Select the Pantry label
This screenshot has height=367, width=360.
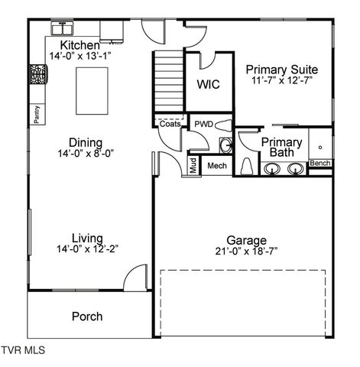click(x=36, y=113)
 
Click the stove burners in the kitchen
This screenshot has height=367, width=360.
click(x=37, y=75)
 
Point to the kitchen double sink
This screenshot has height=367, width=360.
click(x=63, y=29)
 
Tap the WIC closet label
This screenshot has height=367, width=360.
click(x=208, y=84)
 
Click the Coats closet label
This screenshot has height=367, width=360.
click(x=170, y=123)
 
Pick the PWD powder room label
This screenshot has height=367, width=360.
click(x=203, y=124)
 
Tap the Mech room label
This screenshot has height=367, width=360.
click(x=217, y=166)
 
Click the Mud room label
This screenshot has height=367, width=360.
click(x=193, y=166)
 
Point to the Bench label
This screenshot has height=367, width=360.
click(x=319, y=164)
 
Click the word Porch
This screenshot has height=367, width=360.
click(x=87, y=317)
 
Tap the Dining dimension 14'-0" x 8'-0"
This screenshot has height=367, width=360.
click(x=86, y=154)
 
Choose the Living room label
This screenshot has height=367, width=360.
click(x=87, y=238)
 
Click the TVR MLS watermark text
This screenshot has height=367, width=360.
click(x=24, y=351)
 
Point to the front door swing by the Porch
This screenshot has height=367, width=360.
click(x=136, y=278)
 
